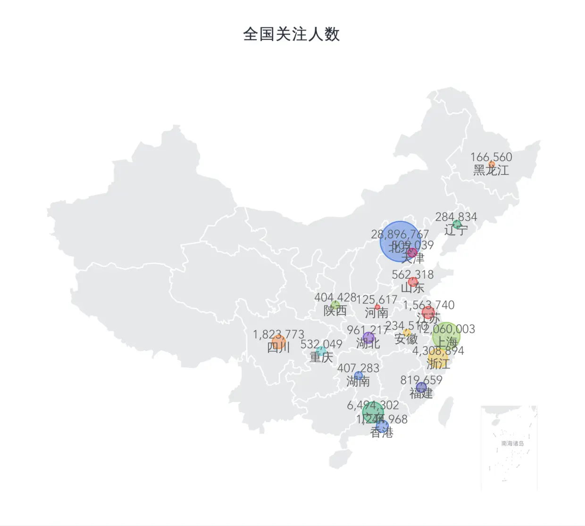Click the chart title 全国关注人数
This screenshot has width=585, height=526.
[x=291, y=34]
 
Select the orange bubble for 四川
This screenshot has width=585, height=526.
[x=278, y=342]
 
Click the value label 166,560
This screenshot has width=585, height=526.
[x=491, y=157]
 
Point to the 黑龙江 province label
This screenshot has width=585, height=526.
[x=491, y=170]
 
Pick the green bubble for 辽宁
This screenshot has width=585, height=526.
[x=457, y=225]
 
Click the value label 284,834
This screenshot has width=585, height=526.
[x=456, y=217]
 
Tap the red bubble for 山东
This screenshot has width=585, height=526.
[x=413, y=282]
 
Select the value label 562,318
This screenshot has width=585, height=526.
[x=412, y=274]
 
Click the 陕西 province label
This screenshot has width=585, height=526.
[x=335, y=311]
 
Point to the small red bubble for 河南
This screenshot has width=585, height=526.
[x=377, y=307]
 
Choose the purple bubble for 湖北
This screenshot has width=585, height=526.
[x=368, y=338]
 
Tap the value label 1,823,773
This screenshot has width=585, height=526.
[x=278, y=334]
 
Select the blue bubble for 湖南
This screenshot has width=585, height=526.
[x=359, y=376]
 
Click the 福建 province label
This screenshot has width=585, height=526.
[x=421, y=393]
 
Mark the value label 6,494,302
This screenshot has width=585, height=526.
[x=373, y=405]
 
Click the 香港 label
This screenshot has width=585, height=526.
[x=382, y=433]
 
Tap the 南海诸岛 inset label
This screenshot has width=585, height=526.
[x=512, y=443]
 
